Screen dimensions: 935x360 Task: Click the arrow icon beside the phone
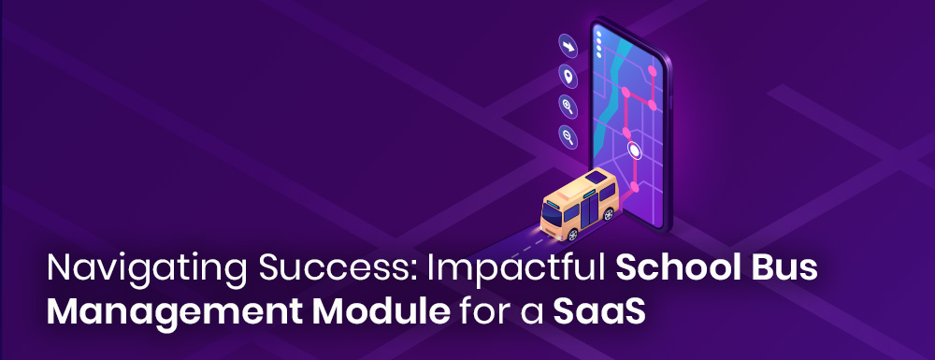point(568,47)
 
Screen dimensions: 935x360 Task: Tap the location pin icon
point(568,77)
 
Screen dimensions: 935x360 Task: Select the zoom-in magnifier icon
point(568,106)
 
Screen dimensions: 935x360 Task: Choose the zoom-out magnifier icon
point(568,137)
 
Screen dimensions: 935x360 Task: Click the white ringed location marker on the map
point(635,151)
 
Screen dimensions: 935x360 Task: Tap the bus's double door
point(588,209)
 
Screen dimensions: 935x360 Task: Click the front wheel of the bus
point(572,235)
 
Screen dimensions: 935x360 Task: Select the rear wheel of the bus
point(609,214)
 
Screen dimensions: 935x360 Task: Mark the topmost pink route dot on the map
point(653,71)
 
